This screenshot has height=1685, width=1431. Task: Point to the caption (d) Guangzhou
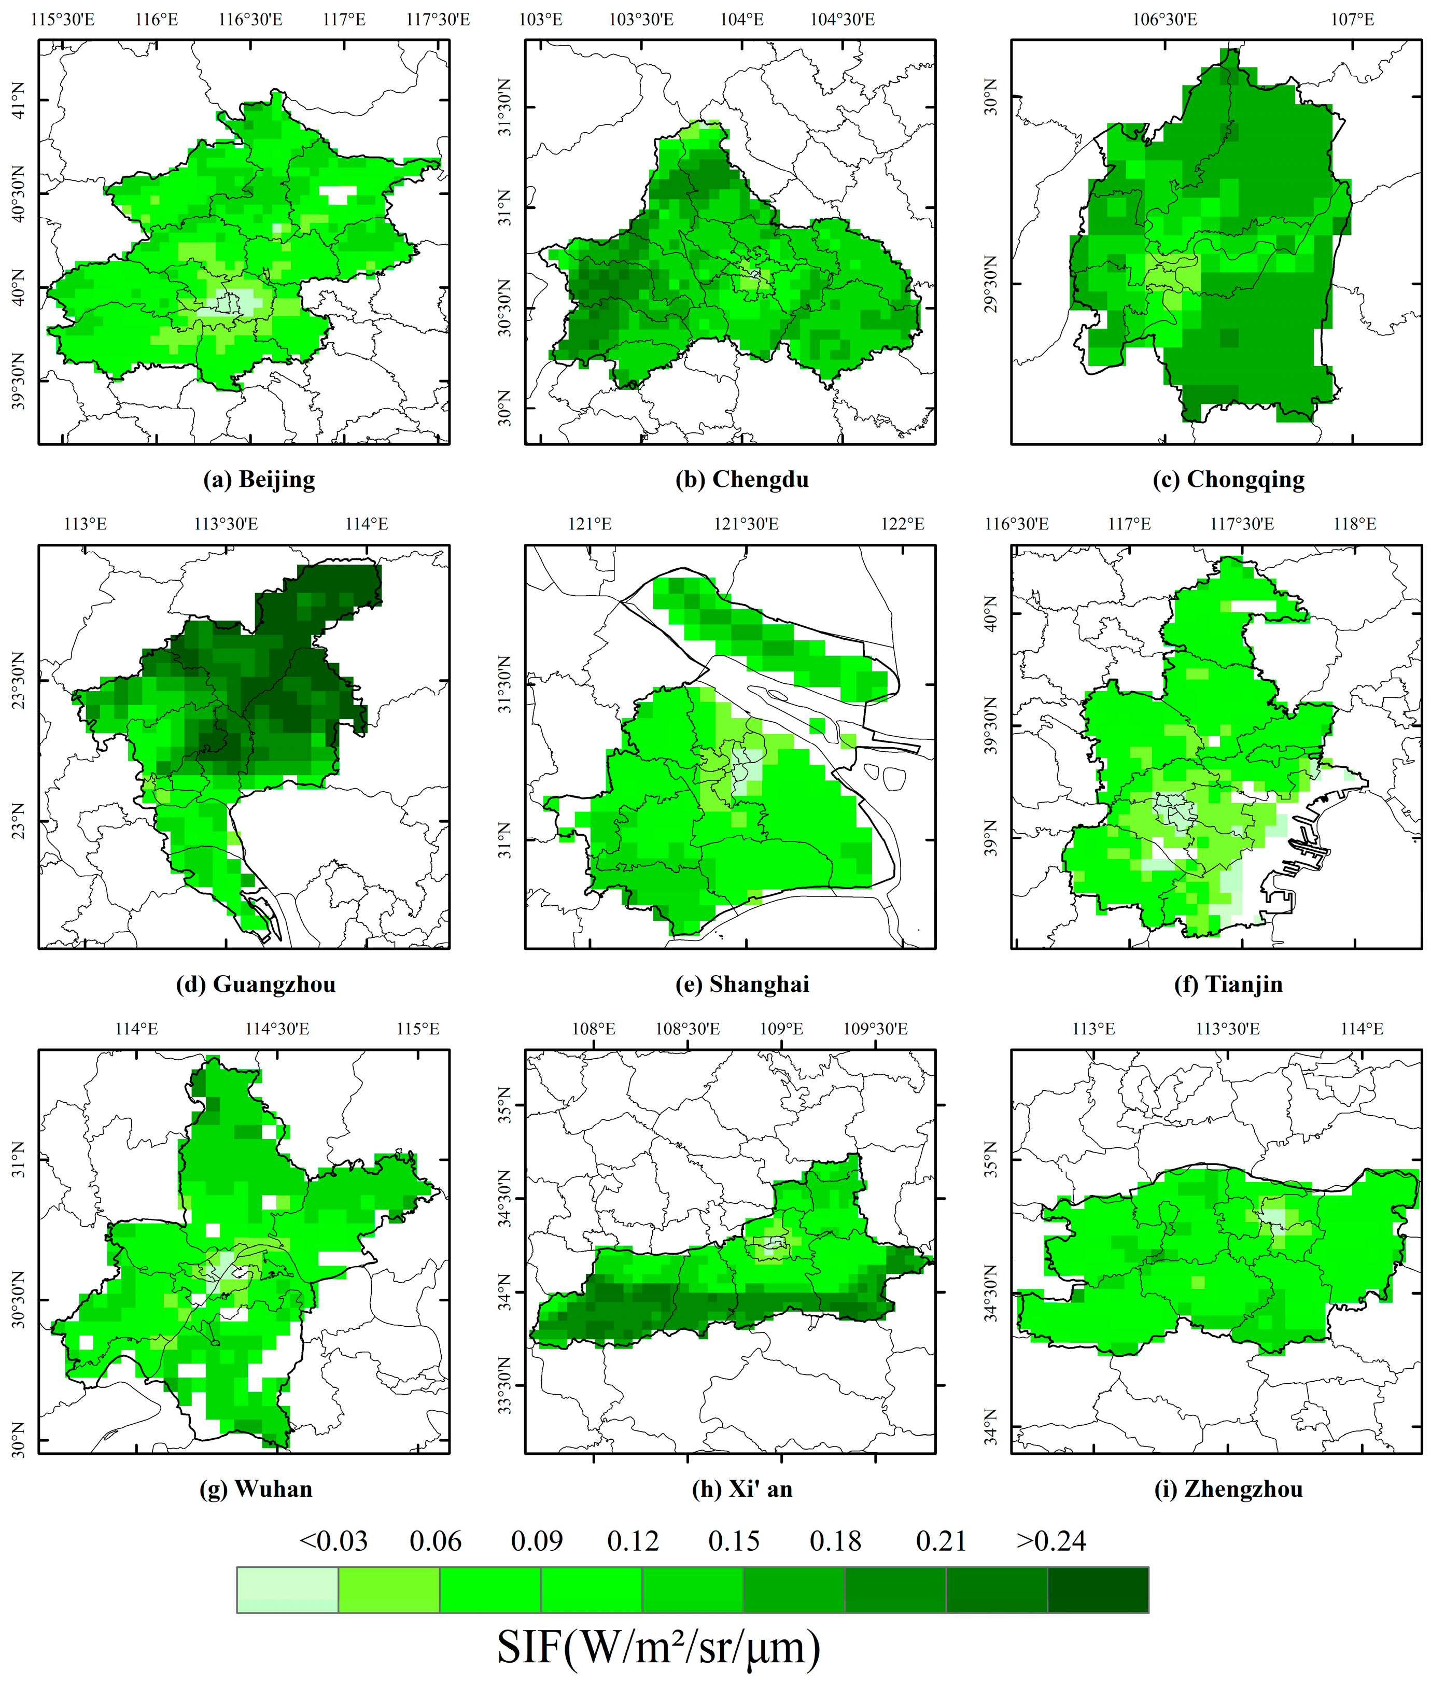tap(256, 984)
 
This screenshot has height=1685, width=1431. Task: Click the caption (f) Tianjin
tap(1228, 984)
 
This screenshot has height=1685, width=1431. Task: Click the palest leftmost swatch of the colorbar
tap(287, 1590)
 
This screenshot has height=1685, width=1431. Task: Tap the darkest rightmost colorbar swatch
tap(1098, 1590)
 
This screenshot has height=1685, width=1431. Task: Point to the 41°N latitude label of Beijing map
tap(18, 100)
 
